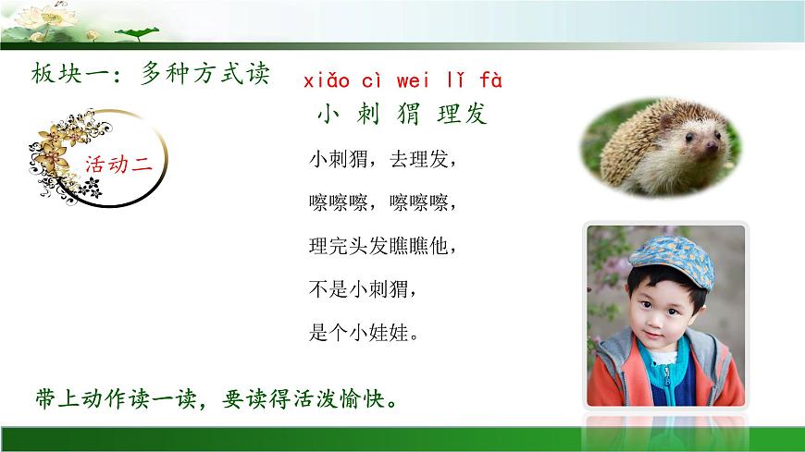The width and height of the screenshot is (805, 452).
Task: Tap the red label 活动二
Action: (118, 165)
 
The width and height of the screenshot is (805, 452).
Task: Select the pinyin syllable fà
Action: (490, 80)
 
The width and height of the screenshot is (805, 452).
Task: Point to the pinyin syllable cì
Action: (376, 80)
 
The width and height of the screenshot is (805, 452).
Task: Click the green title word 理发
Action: (462, 114)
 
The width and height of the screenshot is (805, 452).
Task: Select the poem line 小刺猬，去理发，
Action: (382, 159)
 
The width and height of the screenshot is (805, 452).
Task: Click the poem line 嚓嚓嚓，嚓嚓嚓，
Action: (382, 202)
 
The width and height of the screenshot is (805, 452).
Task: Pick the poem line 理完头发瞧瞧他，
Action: (382, 246)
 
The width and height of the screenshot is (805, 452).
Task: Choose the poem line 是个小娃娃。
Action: (365, 333)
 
